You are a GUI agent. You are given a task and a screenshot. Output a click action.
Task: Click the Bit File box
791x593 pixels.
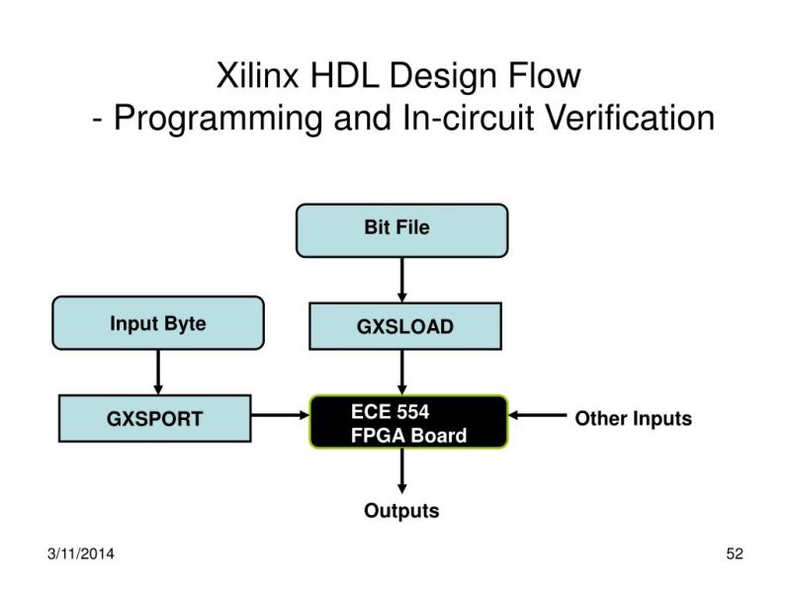[x=401, y=229]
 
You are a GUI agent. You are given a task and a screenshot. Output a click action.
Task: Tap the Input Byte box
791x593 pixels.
[x=157, y=323]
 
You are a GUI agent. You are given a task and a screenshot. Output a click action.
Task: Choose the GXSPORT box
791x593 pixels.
[x=155, y=418]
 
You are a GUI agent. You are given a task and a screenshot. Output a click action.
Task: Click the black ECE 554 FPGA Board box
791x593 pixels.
[x=408, y=422]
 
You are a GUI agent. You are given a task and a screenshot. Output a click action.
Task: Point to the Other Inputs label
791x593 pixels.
[x=633, y=418]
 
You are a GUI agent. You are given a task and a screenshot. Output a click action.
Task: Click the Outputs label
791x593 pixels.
[x=401, y=511]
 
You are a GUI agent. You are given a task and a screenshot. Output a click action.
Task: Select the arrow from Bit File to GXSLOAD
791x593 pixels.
[x=401, y=279]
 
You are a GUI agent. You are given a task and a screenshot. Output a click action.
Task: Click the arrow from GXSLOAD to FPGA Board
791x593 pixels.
[x=401, y=373]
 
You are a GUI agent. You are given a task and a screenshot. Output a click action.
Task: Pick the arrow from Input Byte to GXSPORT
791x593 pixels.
[x=157, y=373]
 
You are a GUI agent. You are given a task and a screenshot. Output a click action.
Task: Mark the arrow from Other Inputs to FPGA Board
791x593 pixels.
[x=537, y=417]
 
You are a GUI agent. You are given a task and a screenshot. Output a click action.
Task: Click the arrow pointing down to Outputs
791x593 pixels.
[x=401, y=472]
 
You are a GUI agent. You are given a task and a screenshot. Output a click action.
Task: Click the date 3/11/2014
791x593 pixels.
[x=80, y=553]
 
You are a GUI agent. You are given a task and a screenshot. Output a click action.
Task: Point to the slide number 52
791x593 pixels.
[x=734, y=553]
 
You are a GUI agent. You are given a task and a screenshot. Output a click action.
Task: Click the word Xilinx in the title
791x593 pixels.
[x=256, y=75]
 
